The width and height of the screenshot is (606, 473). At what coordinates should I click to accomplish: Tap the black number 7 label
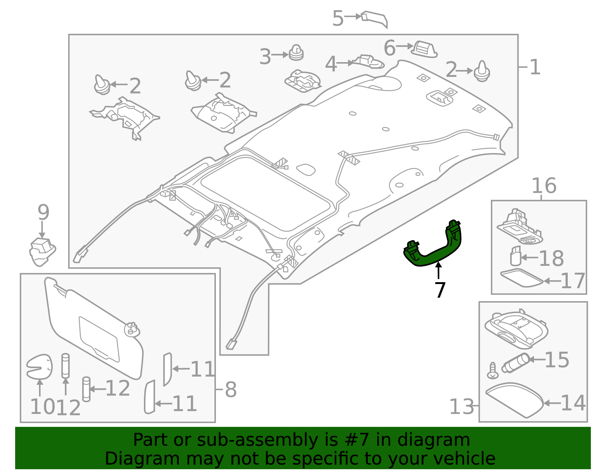(439, 290)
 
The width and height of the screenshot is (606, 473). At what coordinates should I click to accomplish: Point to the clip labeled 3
(296, 53)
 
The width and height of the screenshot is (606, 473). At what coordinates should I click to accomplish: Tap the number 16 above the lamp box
(544, 186)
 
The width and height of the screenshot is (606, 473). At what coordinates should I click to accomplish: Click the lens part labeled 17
(521, 278)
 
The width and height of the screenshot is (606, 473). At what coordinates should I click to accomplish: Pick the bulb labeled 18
(515, 256)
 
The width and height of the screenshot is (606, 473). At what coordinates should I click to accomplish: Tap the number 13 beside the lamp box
(461, 407)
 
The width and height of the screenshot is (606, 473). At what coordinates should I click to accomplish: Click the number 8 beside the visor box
(231, 389)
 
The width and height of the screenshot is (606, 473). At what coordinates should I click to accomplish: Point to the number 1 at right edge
(534, 67)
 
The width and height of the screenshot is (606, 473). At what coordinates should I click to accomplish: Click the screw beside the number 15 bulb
(492, 370)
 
